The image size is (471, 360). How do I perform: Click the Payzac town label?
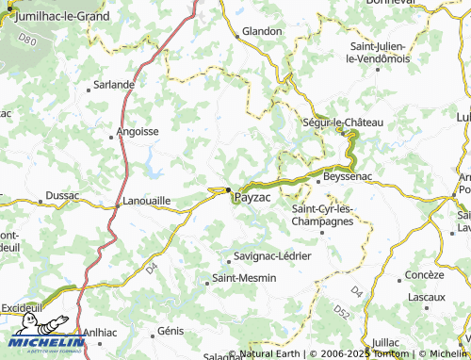point(252,199)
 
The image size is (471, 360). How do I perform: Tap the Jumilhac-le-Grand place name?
point(57,16)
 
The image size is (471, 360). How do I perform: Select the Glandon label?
point(262,31)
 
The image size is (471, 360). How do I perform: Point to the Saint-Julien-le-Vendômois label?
point(378,52)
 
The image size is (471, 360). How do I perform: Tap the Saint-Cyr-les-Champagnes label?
point(322,215)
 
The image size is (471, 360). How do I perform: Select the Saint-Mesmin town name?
point(242,279)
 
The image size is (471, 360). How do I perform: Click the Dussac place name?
point(63,198)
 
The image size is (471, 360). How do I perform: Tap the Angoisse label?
point(137,132)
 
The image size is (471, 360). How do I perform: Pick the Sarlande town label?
point(113,84)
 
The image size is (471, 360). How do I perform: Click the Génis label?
point(171,331)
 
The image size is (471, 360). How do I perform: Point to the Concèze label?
point(424,274)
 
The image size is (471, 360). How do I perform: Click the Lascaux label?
point(427,296)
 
